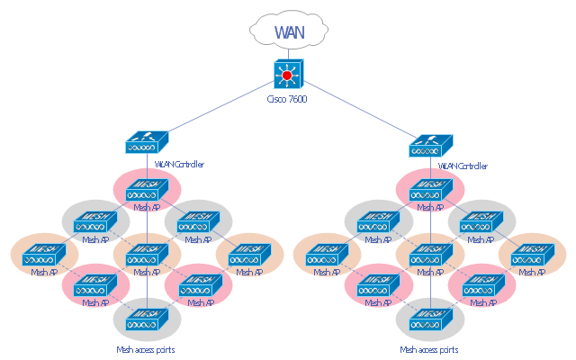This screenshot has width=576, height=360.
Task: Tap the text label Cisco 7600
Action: [288, 99]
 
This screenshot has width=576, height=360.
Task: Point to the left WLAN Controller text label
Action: [179, 165]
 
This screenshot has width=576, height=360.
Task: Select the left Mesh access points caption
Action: [146, 349]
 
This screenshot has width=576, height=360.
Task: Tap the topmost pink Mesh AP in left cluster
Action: [147, 190]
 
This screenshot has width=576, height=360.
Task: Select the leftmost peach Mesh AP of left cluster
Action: [44, 255]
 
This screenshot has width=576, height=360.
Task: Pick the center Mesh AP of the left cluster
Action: [147, 255]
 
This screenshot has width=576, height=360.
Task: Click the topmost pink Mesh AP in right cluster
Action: [430, 190]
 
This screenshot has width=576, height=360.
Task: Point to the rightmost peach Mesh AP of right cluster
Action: [533, 255]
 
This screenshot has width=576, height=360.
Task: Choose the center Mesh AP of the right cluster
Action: [430, 255]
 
